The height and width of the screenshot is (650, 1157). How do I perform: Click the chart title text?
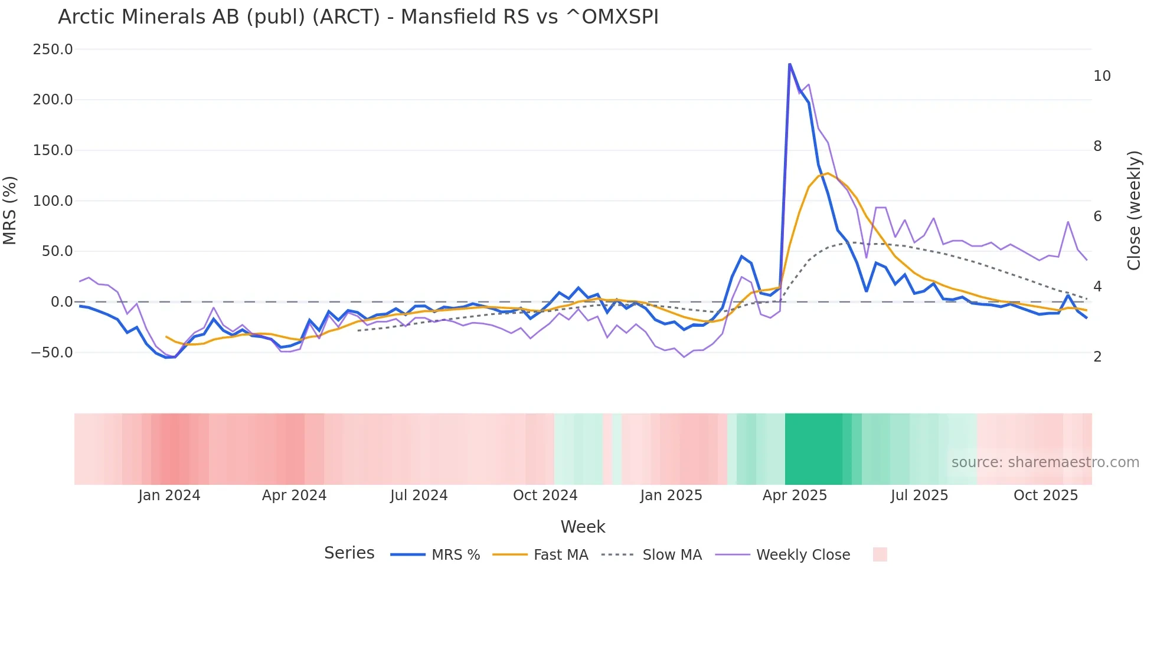tap(358, 17)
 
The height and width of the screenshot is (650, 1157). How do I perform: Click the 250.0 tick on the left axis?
tap(53, 50)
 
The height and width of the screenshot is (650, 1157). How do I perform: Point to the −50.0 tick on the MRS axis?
tap(52, 353)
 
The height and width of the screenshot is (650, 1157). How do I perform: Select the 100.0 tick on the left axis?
tap(53, 201)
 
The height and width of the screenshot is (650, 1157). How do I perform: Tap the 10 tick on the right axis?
tap(1102, 76)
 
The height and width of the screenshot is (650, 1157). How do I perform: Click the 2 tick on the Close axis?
tap(1097, 357)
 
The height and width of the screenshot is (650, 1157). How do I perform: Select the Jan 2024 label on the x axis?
tap(169, 495)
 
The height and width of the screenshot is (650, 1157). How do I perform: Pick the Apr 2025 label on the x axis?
tap(795, 495)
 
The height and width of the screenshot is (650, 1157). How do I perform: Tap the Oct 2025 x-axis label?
tap(1045, 495)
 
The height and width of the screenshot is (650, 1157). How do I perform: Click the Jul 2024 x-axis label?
tap(419, 495)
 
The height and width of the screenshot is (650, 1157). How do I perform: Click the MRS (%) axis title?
tap(10, 210)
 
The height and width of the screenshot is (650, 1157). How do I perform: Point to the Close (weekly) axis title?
tap(1134, 211)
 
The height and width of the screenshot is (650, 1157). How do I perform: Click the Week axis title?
tap(583, 527)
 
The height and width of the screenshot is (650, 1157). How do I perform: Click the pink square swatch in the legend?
tap(880, 554)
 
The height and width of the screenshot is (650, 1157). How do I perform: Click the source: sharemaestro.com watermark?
tap(1045, 462)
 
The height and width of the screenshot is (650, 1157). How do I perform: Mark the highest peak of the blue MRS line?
tap(789, 64)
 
